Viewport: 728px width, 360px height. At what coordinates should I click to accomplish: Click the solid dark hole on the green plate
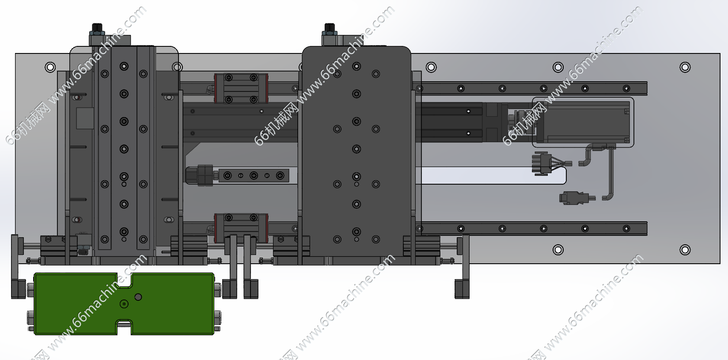138,297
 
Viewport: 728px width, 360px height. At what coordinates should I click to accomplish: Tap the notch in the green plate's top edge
124,280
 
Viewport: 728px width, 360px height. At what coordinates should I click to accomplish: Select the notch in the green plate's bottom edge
124,327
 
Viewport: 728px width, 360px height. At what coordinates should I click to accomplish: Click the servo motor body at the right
583,122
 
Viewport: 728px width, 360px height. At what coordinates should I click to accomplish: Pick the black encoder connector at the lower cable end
574,198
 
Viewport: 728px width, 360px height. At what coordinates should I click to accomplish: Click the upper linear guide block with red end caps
241,88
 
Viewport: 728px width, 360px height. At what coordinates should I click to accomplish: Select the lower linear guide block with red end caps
241,228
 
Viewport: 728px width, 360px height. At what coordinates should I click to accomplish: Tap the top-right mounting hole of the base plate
685,67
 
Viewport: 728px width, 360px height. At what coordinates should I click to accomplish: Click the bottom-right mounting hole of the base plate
685,250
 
